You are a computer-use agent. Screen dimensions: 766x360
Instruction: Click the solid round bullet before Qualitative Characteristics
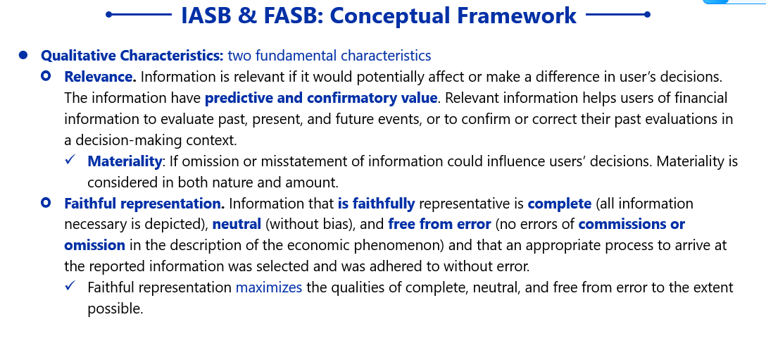point(23,55)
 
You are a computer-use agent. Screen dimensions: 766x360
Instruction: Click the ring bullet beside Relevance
point(46,76)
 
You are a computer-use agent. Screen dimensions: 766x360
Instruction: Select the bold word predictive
point(239,99)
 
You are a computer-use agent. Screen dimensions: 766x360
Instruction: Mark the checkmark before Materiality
point(70,159)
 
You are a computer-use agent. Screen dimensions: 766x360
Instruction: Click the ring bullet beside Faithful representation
point(46,202)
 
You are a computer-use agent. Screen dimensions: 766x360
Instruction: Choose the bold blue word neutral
point(237,225)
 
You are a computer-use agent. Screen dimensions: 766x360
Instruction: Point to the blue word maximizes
point(269,287)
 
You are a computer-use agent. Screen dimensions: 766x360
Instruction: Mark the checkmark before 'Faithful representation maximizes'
point(70,285)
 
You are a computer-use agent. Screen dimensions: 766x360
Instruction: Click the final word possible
point(115,309)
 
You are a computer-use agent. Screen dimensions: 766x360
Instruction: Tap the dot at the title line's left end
point(108,15)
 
